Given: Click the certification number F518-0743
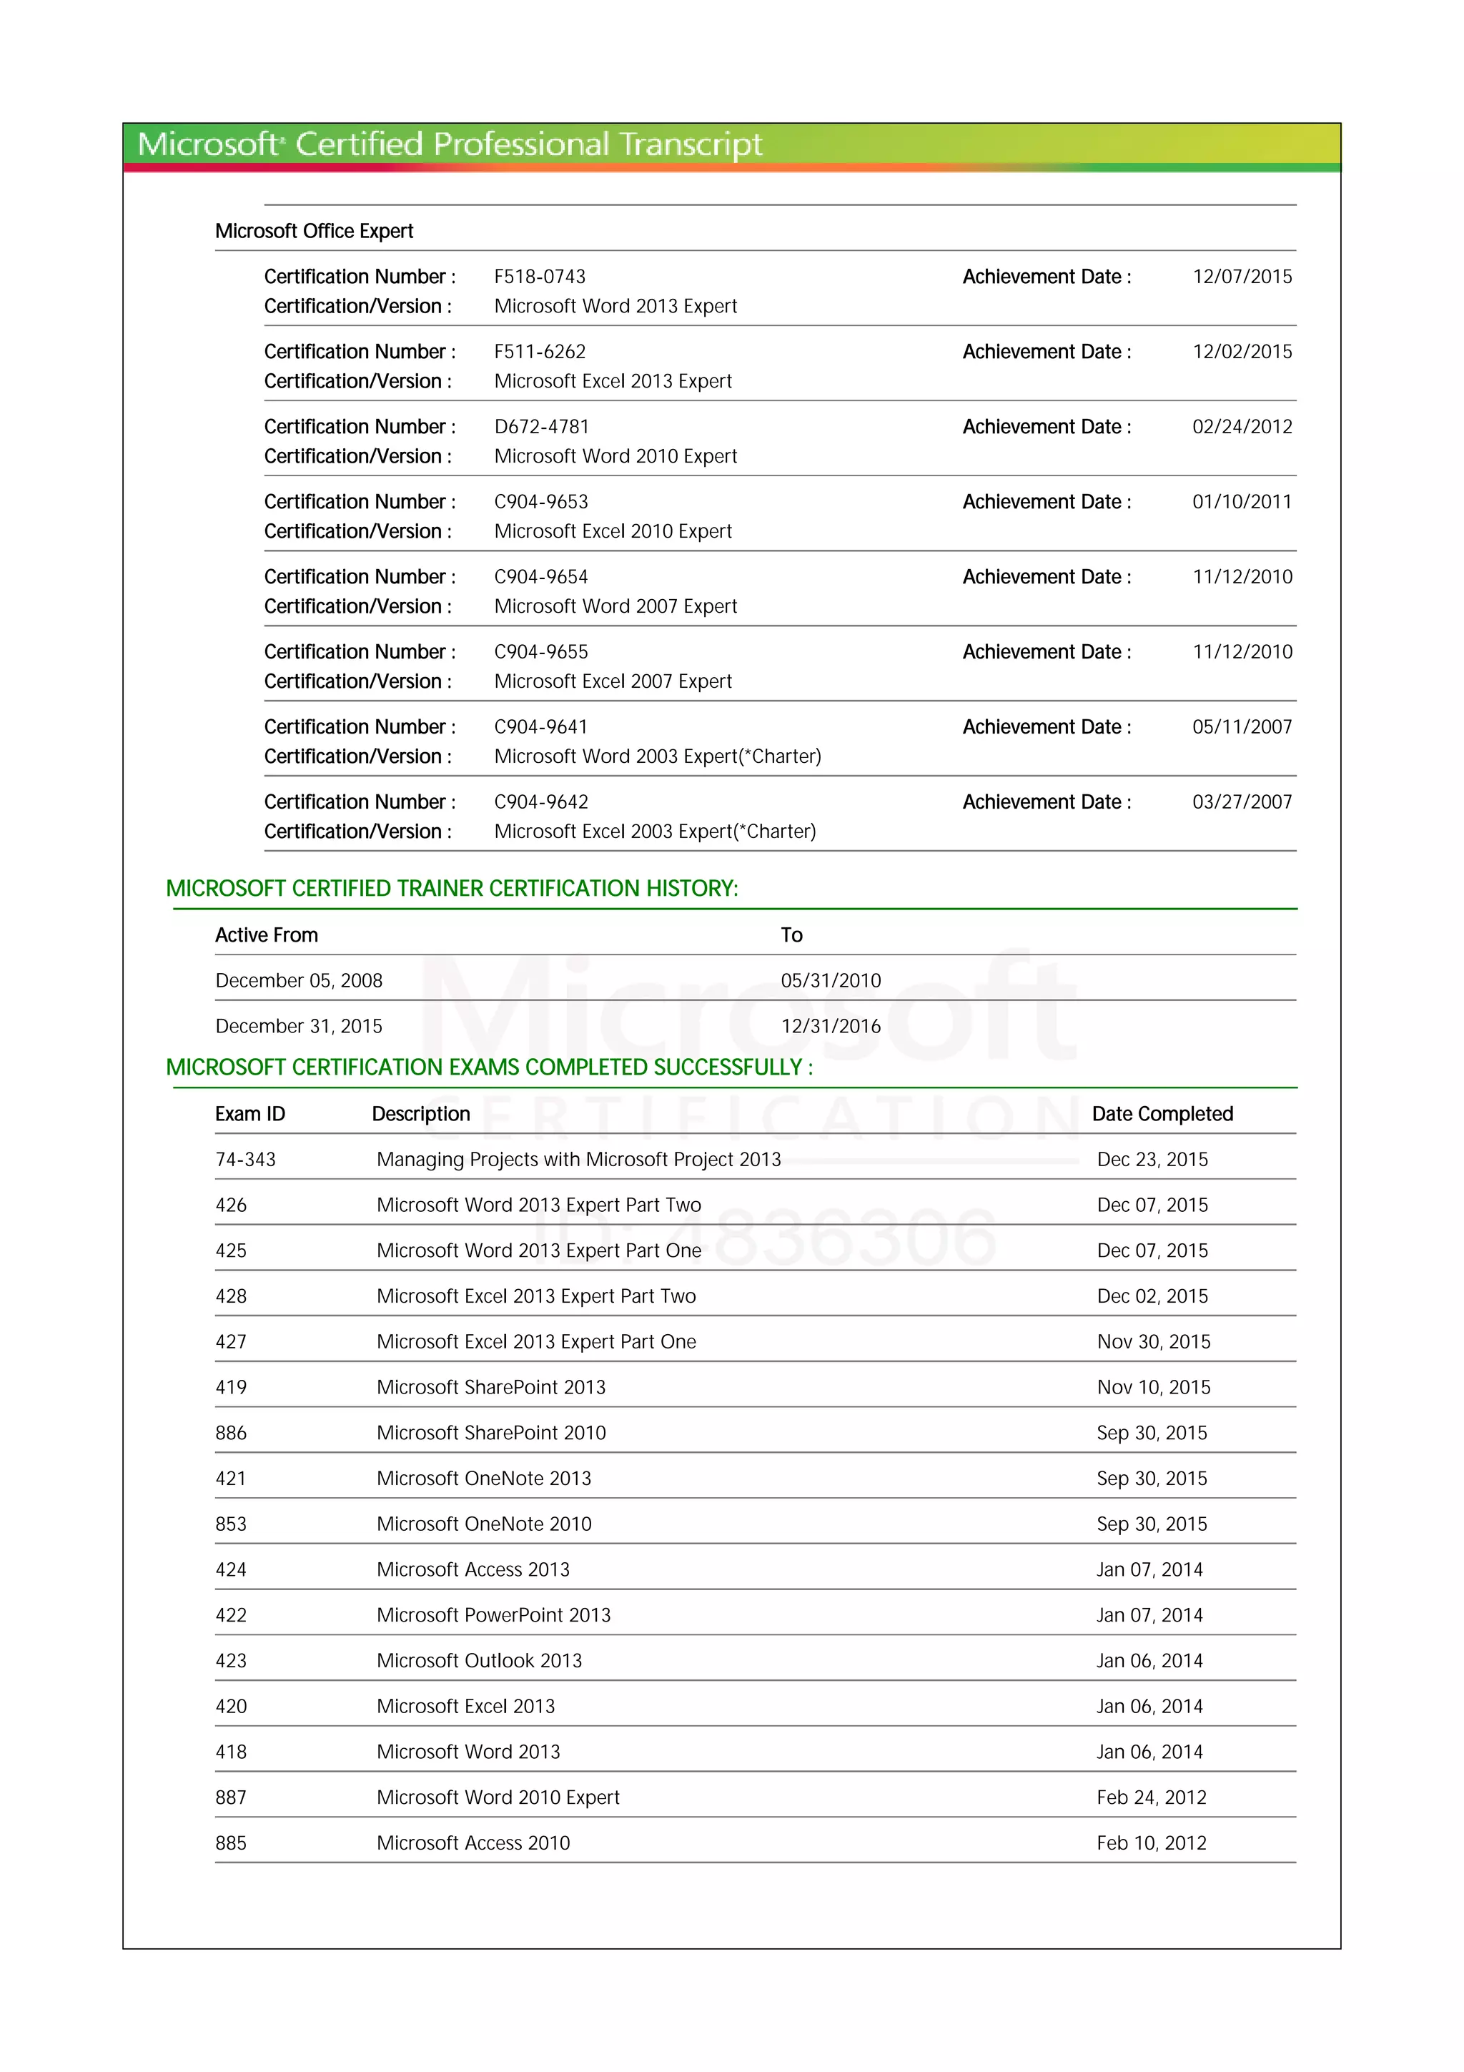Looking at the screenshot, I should pos(540,276).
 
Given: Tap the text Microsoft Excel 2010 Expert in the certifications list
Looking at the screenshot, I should pos(613,531).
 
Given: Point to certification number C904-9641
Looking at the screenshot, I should pos(540,726).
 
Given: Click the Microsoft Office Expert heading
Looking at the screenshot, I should pos(314,231).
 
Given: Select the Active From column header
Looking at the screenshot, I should pos(266,935).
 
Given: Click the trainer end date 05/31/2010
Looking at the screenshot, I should pos(830,980).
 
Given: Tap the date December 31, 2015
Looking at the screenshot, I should pos(299,1026).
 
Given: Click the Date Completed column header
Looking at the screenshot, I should pos(1162,1114).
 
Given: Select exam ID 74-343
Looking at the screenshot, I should pos(245,1160).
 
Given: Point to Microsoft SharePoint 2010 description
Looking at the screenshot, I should pos(490,1433).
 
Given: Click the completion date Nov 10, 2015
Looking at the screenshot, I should pos(1153,1387).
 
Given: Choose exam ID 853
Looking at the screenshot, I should pos(231,1524).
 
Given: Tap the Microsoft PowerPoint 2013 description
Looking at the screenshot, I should pos(493,1615).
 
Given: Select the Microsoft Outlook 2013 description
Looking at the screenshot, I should pos(479,1660).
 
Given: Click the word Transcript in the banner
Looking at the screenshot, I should pos(690,144).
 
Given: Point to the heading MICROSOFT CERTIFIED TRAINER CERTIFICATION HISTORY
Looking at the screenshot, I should pos(452,888).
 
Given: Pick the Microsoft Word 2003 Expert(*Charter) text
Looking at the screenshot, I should pos(658,756).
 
